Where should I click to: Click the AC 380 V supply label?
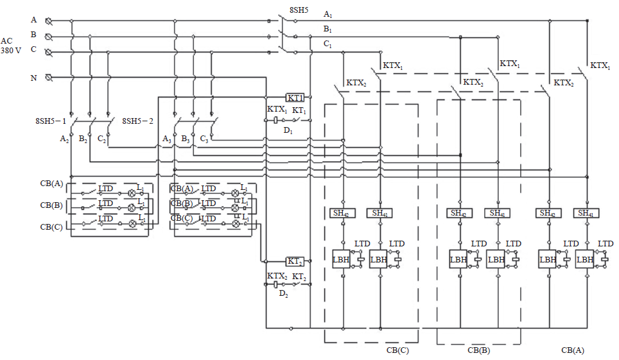pos(11,45)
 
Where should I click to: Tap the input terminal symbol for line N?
pos(48,78)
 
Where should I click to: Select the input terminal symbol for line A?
pos(48,21)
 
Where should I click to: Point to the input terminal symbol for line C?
pos(48,52)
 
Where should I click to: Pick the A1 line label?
pos(328,14)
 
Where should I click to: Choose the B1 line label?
pos(328,30)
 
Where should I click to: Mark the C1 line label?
pos(328,45)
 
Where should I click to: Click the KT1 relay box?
pos(295,98)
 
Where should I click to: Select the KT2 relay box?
pos(295,261)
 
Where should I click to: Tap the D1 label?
pos(288,131)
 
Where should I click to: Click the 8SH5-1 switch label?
pos(51,120)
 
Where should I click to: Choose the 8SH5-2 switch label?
pos(139,120)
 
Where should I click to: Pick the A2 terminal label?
pos(64,139)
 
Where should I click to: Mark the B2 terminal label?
pos(83,139)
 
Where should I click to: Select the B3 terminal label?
pos(186,139)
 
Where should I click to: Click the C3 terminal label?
pos(204,139)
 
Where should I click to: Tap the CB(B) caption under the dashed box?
pos(478,350)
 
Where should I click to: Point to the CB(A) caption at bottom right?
pos(573,350)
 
